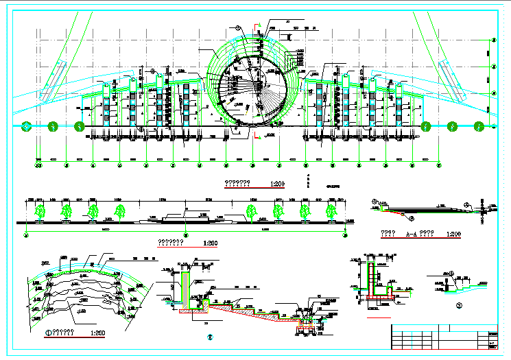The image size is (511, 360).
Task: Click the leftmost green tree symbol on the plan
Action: coord(26,125)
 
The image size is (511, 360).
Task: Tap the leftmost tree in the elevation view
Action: coord(40,211)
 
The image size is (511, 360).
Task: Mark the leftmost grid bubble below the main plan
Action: coord(38,165)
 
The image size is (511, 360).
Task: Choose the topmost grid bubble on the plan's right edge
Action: coord(493,40)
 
